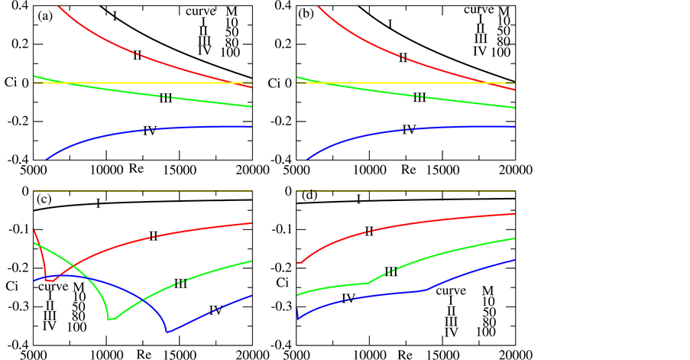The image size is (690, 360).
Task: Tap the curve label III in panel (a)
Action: (166, 98)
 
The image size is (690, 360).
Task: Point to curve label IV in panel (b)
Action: (409, 130)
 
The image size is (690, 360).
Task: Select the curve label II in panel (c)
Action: (153, 236)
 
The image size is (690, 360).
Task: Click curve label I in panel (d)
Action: (358, 199)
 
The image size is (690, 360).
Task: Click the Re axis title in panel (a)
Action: (137, 167)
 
